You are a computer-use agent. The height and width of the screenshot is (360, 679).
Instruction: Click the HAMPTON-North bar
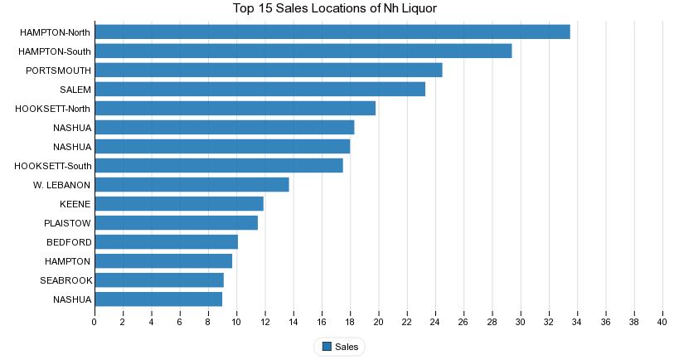click(x=332, y=32)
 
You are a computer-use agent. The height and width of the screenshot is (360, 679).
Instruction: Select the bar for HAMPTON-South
click(x=303, y=51)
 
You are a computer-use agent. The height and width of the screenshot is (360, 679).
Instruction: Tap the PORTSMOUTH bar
click(x=269, y=71)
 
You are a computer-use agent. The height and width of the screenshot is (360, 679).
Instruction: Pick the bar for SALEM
click(x=260, y=90)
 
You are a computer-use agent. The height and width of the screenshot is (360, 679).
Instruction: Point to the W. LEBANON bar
click(x=192, y=184)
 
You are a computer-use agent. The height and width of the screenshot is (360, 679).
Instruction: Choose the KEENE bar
click(x=179, y=203)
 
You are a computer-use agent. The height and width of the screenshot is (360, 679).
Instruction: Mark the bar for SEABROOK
click(x=159, y=280)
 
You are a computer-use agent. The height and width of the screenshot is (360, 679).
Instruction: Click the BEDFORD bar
click(x=167, y=241)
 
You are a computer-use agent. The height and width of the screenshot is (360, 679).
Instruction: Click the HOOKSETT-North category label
click(x=52, y=109)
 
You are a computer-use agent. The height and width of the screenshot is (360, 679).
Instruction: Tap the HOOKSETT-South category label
click(x=53, y=166)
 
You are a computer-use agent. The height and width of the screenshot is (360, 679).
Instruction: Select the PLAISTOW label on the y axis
click(x=67, y=223)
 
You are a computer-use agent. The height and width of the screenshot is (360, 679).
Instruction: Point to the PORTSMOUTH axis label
click(x=59, y=71)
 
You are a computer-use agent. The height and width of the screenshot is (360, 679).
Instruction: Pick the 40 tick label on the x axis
click(x=662, y=322)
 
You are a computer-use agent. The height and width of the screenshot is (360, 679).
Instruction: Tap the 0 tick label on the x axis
click(x=94, y=322)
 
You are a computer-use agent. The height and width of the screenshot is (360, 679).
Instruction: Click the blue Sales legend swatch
click(x=327, y=347)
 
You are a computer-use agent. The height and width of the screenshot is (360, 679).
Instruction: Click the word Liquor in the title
click(x=420, y=8)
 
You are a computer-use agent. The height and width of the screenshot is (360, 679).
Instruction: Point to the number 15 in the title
click(x=266, y=8)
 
